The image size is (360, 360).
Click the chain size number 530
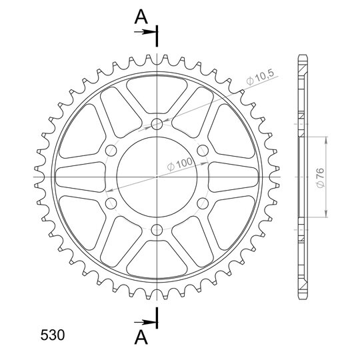pos(53,335)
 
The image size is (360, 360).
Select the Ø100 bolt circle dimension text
pos(180,163)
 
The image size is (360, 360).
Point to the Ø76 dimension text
pos(321,178)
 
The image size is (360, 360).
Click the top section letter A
pos(141,17)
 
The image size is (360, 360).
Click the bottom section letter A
pos(141,338)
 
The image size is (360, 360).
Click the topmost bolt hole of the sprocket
pos(157,124)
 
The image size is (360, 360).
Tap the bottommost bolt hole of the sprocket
pos(157,230)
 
